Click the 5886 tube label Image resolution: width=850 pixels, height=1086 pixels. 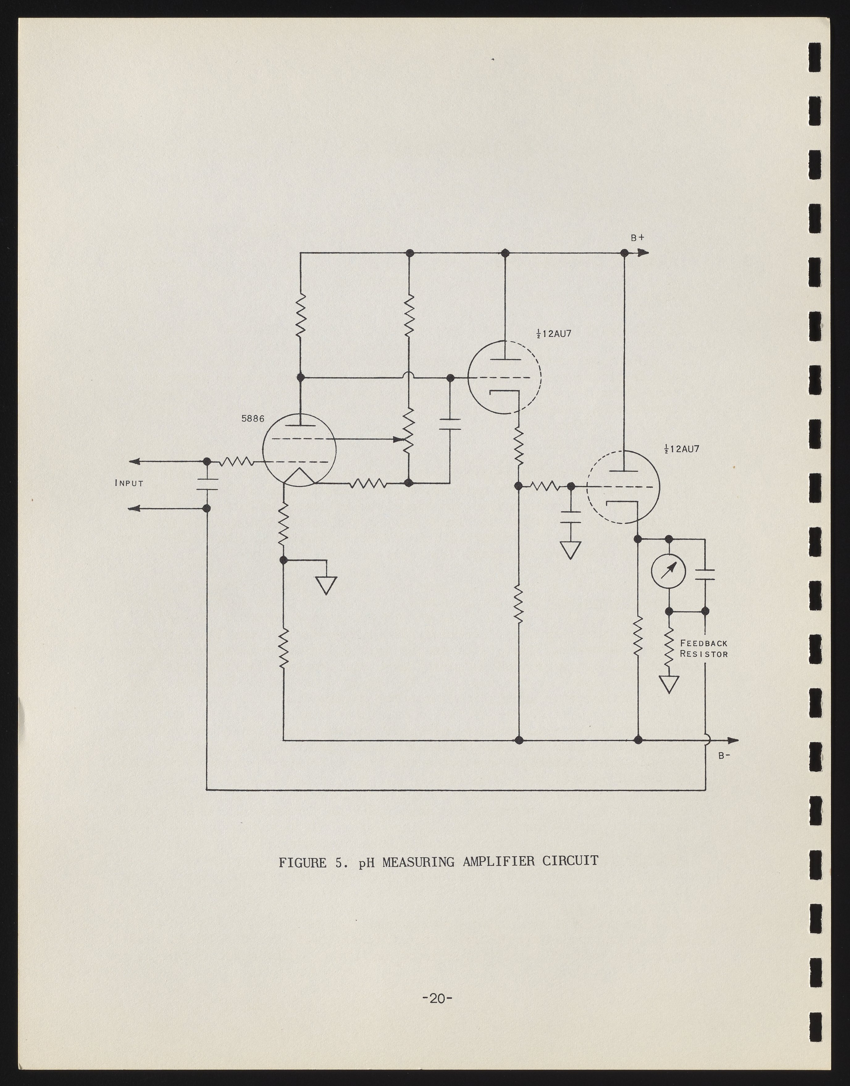pyautogui.click(x=253, y=419)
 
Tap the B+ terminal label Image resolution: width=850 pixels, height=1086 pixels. pyautogui.click(x=638, y=238)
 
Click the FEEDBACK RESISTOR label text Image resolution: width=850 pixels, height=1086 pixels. pyautogui.click(x=704, y=649)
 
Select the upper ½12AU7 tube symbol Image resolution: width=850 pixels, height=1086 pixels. pyautogui.click(x=505, y=377)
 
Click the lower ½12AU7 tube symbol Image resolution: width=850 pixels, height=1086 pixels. pyautogui.click(x=623, y=487)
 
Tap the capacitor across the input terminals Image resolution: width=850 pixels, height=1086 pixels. pyautogui.click(x=207, y=485)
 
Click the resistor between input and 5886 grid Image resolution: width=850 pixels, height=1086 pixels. pyautogui.click(x=237, y=462)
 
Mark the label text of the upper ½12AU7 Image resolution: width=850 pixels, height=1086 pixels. pyautogui.click(x=553, y=334)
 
